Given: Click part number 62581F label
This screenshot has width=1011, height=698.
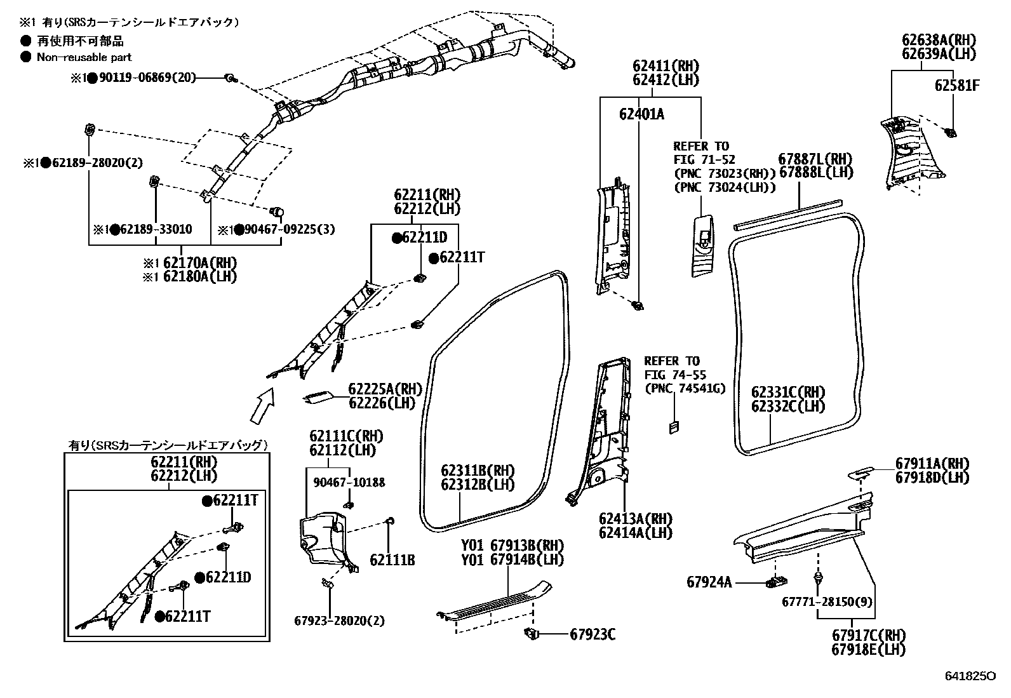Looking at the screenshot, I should pos(956,85).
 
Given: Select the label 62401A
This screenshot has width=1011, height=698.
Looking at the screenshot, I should pos(641,114).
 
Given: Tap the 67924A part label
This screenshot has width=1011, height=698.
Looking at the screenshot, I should pos(709,582).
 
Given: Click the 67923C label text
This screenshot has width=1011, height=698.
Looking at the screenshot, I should pos(593,634).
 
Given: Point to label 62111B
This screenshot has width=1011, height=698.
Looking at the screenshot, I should pos(392,560).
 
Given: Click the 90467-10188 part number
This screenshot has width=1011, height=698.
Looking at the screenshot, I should pos(349,483).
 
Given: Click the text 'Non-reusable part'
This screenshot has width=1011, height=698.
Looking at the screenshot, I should pos(84,57).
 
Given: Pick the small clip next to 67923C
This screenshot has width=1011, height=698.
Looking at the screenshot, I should pos(532,633).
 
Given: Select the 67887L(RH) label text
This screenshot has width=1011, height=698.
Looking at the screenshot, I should pos(816,159).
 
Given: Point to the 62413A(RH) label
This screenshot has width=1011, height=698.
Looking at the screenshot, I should pos(635,519).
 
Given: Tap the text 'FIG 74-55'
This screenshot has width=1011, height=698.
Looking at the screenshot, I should pos(675,375).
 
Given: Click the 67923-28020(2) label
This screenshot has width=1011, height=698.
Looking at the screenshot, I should pos(339,621).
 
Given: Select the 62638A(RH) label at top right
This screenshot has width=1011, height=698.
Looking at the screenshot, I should pos(939,40).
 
